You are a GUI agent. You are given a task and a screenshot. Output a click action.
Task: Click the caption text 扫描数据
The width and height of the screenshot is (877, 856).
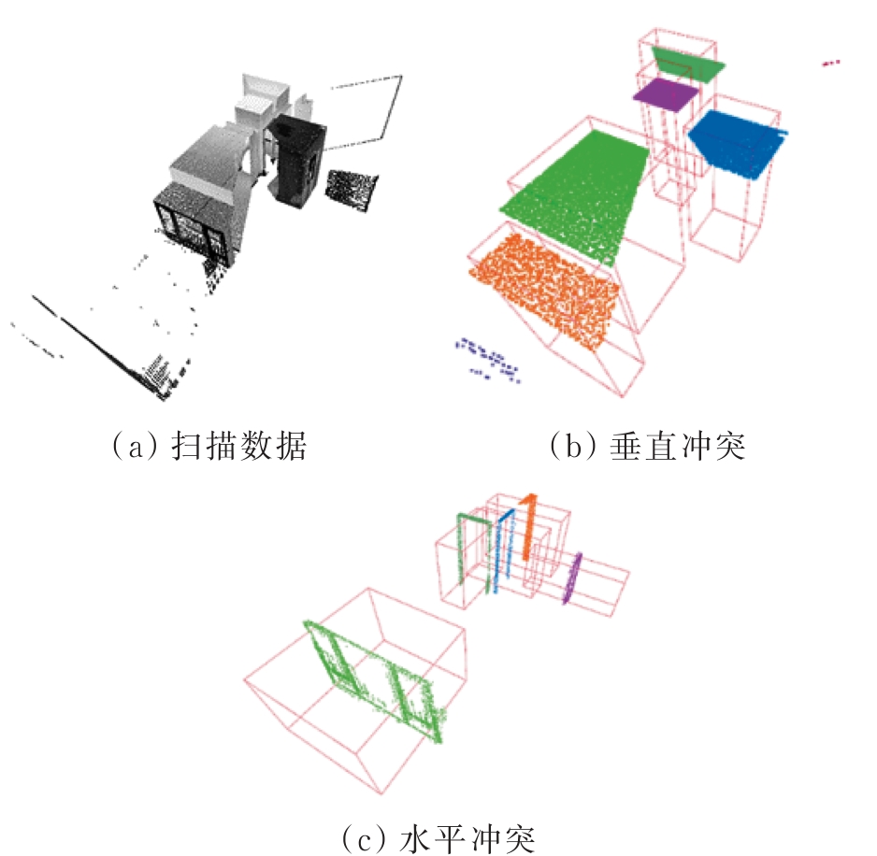coord(239,446)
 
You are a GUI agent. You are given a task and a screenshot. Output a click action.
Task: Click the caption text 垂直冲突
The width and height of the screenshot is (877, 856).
coord(677,446)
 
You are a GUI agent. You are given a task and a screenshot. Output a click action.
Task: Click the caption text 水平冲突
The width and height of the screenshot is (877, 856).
coord(467,838)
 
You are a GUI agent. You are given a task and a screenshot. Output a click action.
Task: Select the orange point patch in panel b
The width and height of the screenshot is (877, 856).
coord(544,291)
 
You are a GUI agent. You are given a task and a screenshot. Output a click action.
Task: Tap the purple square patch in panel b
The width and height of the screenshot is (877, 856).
coord(666,94)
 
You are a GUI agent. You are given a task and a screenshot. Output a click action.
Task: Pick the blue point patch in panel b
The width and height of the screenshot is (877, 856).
coord(736,143)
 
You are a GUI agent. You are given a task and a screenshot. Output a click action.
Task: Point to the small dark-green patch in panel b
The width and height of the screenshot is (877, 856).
coord(688,63)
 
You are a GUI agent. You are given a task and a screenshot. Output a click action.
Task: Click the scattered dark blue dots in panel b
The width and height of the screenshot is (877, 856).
coord(487,359)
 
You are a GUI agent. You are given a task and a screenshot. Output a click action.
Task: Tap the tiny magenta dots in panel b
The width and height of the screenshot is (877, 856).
coord(831,63)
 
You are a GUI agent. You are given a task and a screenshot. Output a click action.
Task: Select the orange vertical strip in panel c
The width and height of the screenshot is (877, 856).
coord(528,525)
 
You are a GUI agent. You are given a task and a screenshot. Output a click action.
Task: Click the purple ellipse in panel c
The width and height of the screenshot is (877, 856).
coord(571,578)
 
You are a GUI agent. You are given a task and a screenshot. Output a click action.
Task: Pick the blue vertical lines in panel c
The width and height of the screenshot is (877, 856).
coord(503,550)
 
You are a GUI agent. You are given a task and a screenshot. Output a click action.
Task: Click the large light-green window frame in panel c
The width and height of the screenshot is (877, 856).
coord(374,681)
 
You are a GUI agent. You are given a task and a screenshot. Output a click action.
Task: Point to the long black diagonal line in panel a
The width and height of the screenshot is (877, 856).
coord(98,347)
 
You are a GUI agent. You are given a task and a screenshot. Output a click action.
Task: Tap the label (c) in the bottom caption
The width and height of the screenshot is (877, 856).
coord(363,839)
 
